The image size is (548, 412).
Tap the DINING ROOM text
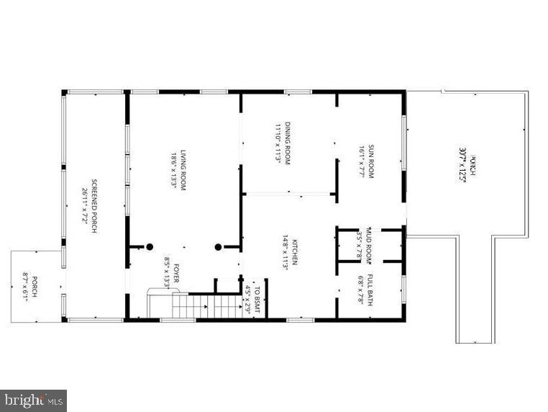pos(287,143)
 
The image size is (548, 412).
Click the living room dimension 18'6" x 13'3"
pos(173,170)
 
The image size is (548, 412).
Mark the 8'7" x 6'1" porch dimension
pos(25,287)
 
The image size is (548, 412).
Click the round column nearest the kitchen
pos(218,247)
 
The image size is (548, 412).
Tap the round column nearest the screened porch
pos(150,247)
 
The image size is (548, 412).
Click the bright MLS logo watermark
pos(34,400)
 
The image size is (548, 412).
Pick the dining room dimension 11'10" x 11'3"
pos(276,143)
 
